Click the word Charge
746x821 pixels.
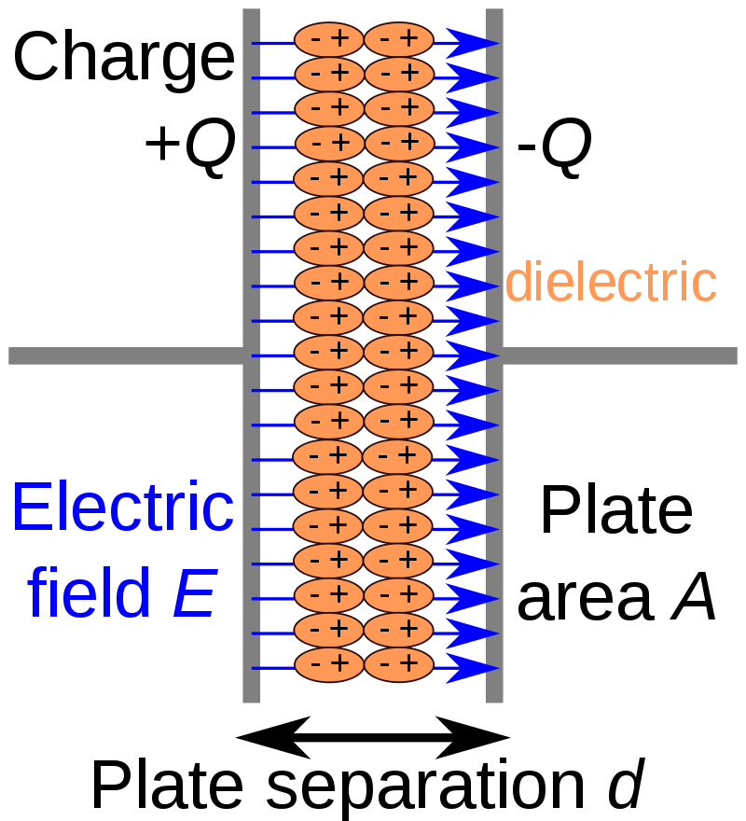pos(123,58)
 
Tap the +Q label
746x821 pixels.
pos(186,147)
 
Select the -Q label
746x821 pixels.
pos(554,149)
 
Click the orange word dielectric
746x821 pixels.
pos(611,282)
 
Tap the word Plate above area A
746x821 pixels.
pos(616,511)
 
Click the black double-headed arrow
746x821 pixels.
pos(373,738)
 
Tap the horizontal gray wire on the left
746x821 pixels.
pos(126,355)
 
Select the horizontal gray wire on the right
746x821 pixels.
pos(620,355)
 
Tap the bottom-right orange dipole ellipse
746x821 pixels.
pos(398,664)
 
